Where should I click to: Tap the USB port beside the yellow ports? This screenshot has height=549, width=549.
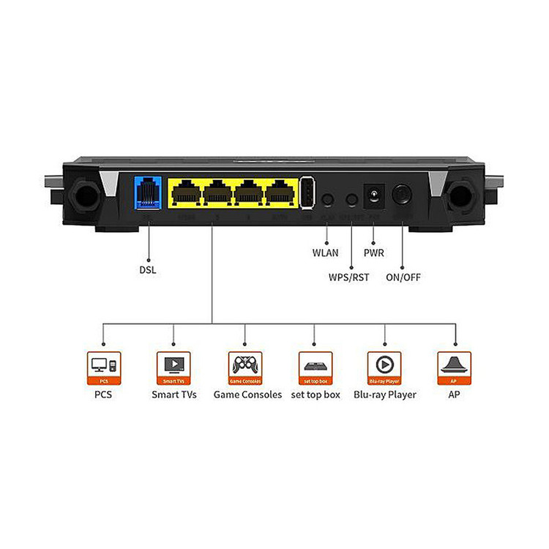click(x=307, y=195)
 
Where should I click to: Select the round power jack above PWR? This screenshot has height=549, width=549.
click(x=375, y=196)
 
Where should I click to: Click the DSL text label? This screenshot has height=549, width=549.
click(x=148, y=269)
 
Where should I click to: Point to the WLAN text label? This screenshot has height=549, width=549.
click(x=325, y=254)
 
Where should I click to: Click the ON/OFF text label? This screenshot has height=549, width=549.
click(x=403, y=277)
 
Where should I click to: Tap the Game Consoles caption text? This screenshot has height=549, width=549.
click(x=247, y=395)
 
